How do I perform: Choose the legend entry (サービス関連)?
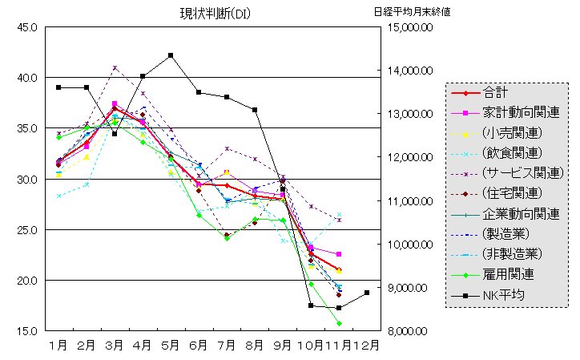(524, 172)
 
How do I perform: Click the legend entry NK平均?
(504, 295)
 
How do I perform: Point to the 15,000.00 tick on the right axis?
(410, 27)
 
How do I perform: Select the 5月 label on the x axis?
(171, 346)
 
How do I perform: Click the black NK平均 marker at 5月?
(171, 55)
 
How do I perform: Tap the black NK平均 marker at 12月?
(367, 293)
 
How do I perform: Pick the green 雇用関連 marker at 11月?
(339, 323)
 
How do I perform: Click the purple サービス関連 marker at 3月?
(115, 67)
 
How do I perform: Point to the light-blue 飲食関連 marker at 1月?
(58, 196)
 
